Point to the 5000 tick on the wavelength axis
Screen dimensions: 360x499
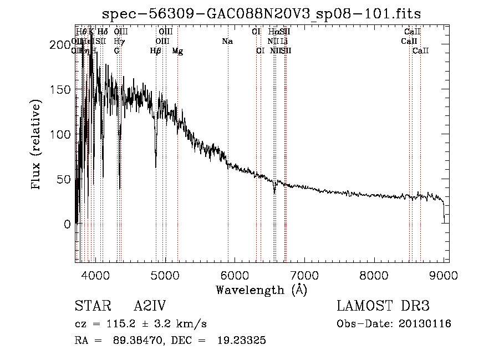tap(165, 274)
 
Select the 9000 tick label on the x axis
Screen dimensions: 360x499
tap(444, 274)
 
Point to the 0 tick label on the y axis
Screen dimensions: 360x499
tap(68, 225)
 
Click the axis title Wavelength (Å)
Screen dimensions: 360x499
tap(262, 289)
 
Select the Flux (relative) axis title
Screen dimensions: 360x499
tap(37, 145)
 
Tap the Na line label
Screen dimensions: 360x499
tap(227, 41)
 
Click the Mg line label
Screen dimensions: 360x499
tap(177, 51)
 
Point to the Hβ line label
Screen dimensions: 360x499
tap(156, 51)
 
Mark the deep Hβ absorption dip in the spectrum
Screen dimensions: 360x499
tap(156, 165)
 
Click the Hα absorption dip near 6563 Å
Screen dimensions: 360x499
tap(274, 191)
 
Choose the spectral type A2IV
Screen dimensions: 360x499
tap(150, 306)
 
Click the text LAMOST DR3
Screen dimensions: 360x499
tap(383, 306)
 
